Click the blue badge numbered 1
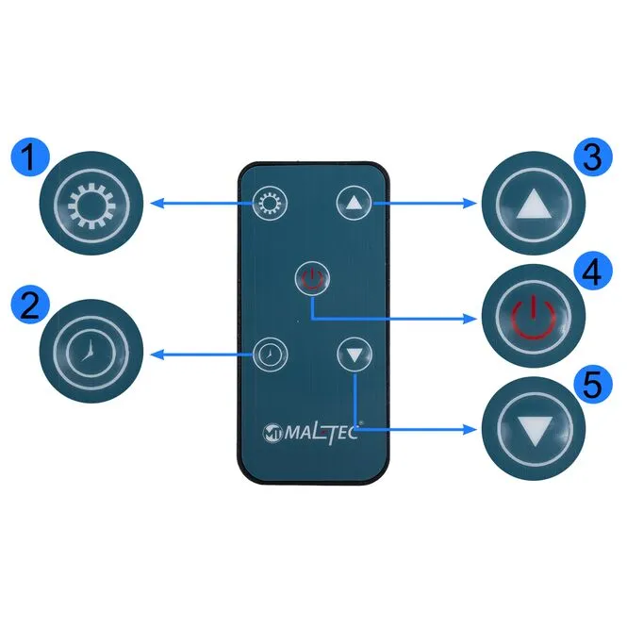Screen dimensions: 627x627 point(30,157)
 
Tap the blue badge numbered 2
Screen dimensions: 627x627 point(30,305)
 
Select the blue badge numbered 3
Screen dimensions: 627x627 point(593,157)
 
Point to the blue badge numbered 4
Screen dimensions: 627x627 point(593,272)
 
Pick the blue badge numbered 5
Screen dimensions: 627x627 point(593,385)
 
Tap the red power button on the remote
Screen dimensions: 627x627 point(312,278)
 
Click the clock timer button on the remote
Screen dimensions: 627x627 point(270,355)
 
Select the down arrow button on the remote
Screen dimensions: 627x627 point(355,354)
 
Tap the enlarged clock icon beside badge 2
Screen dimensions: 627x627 point(91,352)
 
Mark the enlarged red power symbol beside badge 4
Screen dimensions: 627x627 point(534,316)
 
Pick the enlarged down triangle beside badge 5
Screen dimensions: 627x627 point(535,431)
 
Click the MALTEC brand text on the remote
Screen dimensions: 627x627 point(322,432)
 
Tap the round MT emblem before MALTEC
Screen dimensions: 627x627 point(272,433)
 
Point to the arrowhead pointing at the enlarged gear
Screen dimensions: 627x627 point(157,204)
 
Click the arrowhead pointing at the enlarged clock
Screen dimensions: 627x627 point(157,355)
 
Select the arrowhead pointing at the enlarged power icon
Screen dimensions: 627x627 point(470,319)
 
